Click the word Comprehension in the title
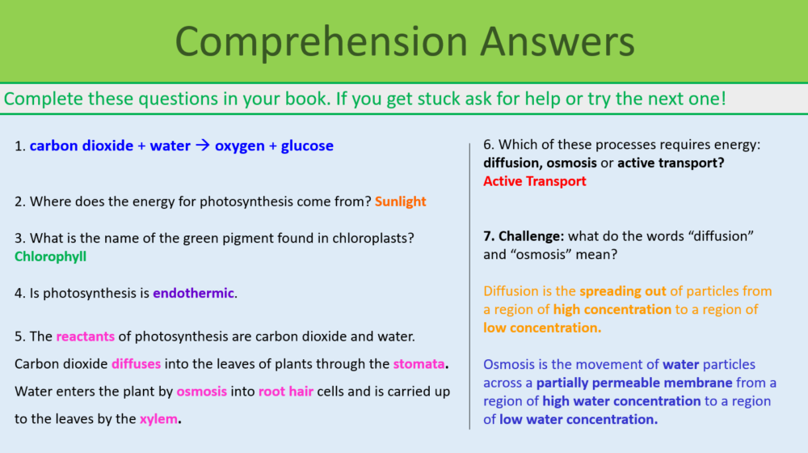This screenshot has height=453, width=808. coord(311,41)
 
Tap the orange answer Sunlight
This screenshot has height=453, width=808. coord(400,201)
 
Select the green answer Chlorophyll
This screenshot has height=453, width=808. coord(50,256)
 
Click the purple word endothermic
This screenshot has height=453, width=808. coord(193,293)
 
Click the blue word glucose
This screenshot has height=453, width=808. coord(307,146)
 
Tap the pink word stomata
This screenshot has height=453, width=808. coord(419,364)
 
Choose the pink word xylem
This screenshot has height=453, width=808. coord(158,419)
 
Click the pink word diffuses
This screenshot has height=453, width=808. coord(136,364)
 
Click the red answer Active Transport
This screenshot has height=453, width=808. coord(534,181)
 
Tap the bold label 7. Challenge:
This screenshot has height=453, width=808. coord(524,236)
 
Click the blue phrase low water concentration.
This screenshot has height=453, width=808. coord(578,419)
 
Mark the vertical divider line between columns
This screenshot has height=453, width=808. coord(469,283)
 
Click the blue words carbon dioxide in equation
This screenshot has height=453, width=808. coord(82,146)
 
